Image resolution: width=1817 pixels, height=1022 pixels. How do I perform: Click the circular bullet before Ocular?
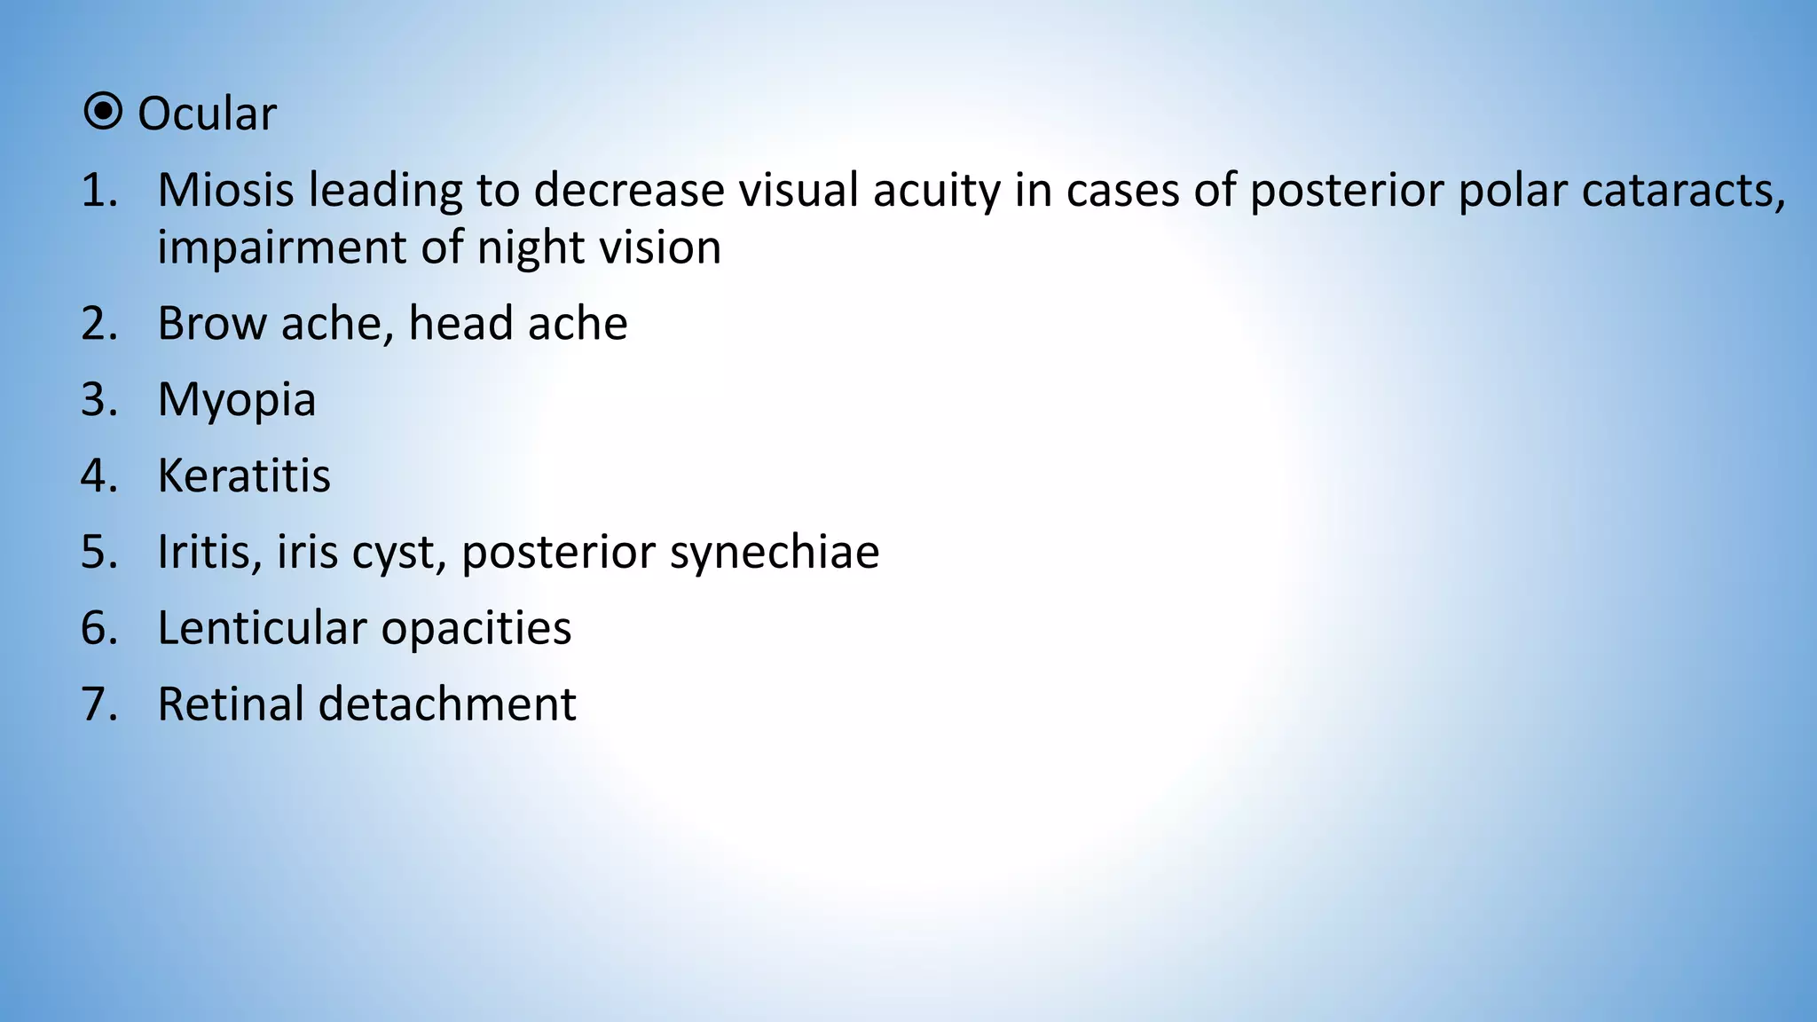click(x=103, y=113)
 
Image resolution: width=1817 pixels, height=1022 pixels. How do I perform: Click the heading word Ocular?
click(x=207, y=114)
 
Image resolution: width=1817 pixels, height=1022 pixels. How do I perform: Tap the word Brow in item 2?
click(x=212, y=323)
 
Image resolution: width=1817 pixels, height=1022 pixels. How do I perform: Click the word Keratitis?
click(x=244, y=476)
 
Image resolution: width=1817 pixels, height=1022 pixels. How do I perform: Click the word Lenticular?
click(x=262, y=628)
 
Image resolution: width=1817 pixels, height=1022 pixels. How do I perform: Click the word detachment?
click(x=447, y=704)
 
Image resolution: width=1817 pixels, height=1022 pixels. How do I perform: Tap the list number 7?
click(x=98, y=704)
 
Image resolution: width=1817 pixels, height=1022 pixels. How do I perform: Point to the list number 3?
click(x=98, y=399)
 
